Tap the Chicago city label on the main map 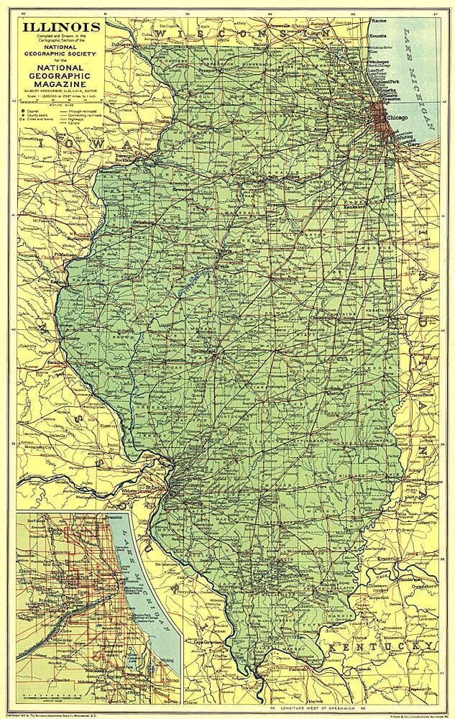[396, 117]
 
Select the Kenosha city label [378, 35]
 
